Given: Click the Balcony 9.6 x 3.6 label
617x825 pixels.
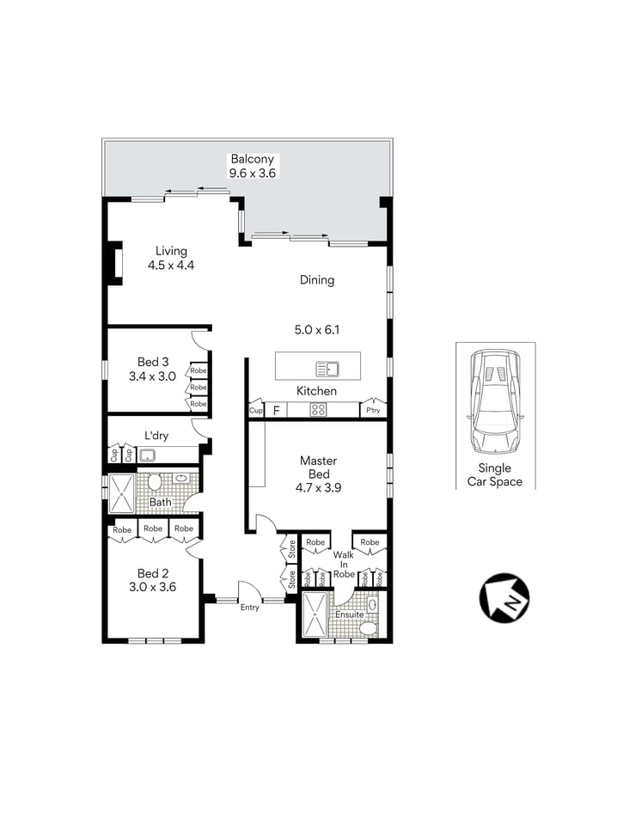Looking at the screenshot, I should coord(251,166).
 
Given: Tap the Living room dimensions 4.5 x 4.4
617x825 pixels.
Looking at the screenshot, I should coord(170,266).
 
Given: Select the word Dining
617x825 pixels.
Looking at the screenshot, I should coord(316,280).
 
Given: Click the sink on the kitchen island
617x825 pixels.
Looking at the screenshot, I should coord(327,370).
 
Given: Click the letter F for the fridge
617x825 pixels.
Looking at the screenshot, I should coord(276,411).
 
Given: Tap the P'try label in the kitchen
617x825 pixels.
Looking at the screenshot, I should coord(373,411).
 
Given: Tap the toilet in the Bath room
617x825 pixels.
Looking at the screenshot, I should coord(155,482).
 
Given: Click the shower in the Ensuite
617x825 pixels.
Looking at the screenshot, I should coord(315,616).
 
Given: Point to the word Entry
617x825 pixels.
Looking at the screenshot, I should coord(249,608).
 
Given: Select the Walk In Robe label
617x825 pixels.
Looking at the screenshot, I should coord(344,565).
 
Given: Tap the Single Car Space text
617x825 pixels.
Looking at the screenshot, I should coord(494,474).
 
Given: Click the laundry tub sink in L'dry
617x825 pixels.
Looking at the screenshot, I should coord(147,455).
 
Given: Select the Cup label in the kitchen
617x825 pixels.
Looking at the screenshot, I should coord(255,411).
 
